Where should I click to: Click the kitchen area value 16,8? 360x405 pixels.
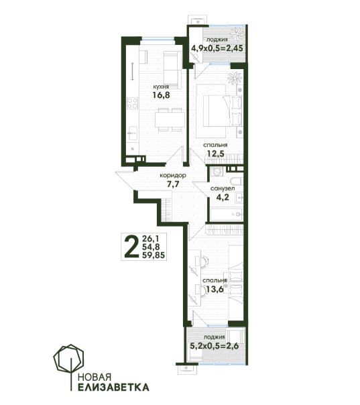pos(161,95)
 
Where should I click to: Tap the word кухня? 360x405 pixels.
pos(161,86)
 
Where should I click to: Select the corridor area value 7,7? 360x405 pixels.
pos(173,184)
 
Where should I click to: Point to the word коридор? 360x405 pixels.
pos(173,176)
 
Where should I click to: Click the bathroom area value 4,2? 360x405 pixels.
pos(223,197)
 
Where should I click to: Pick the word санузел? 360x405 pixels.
pos(223,189)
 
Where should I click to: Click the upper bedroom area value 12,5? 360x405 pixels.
pos(215,154)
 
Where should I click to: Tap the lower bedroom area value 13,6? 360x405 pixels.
pos(215,289)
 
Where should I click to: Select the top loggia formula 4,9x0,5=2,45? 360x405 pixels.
pos(217,48)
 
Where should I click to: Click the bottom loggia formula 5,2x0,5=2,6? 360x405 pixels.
pos(215,345)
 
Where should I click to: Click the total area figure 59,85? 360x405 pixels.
pos(154,255)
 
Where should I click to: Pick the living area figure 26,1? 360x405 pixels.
pos(149,238)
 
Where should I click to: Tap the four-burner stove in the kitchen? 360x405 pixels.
pos(133,103)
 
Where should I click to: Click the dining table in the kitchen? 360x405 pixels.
pos(170,119)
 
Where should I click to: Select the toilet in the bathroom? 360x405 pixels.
pos(235,181)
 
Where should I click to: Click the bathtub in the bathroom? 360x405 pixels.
pos(226,214)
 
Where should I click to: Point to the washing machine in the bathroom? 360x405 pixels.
pos(215,171)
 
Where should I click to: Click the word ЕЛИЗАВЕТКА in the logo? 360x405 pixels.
pos(113,387)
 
